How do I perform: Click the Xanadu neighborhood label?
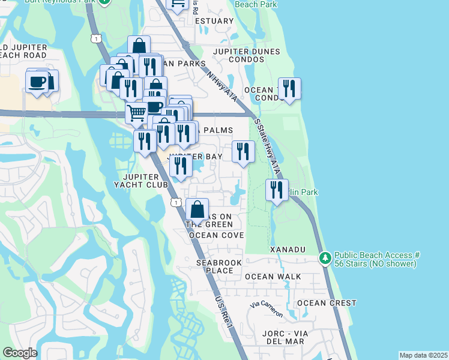[288, 249]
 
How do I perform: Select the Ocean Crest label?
[327, 303]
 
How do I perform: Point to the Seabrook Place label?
[214, 266]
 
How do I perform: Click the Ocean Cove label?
[217, 235]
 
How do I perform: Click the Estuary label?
[214, 21]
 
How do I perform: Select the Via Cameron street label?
[266, 308]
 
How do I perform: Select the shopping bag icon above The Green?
[197, 210]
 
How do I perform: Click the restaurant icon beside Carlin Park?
[277, 190]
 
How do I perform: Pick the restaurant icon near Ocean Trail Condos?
[289, 89]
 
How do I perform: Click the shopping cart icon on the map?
[136, 112]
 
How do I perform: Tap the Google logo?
[20, 353]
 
